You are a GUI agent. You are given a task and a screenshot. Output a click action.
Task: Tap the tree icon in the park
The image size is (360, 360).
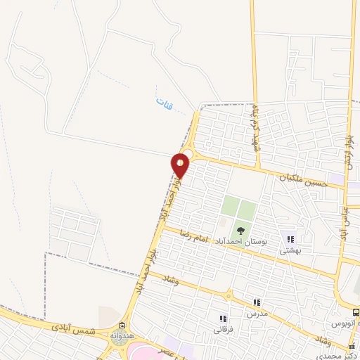tap(240, 229)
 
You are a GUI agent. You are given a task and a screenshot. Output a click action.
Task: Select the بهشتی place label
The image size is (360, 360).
tap(290, 250)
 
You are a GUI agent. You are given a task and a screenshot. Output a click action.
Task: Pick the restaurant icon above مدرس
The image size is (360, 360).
tap(257, 302)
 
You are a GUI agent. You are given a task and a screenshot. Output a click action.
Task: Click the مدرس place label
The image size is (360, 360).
tap(257, 313)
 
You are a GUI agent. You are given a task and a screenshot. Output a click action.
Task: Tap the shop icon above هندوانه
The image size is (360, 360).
tap(122, 326)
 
